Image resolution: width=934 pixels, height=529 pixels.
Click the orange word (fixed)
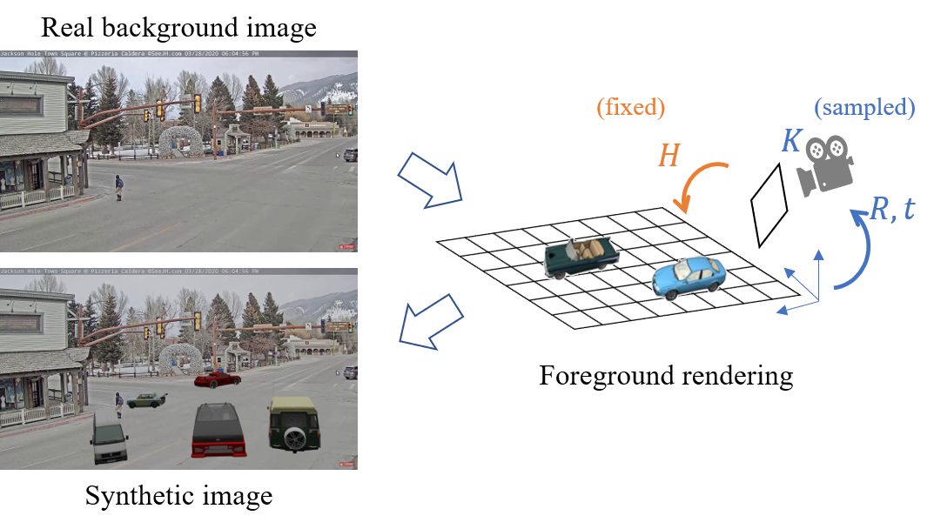[x=631, y=108]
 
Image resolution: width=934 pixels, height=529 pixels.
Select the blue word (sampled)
[x=864, y=108]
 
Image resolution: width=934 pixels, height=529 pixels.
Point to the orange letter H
[x=669, y=156]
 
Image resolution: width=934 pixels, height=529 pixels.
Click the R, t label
[x=892, y=209]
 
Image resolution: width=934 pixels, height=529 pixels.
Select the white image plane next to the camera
[x=769, y=205]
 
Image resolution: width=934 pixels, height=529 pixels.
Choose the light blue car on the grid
[x=689, y=277]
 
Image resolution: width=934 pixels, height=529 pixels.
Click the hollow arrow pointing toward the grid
[x=430, y=180]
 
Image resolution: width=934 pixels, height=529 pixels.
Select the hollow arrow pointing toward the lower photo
[x=430, y=322]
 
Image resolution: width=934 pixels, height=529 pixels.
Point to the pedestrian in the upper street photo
[x=118, y=186]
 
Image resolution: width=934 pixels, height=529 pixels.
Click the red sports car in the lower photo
[x=217, y=378]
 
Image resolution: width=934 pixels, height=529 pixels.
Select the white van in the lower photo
[x=109, y=439]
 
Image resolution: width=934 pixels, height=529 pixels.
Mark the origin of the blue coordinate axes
[x=818, y=301]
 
